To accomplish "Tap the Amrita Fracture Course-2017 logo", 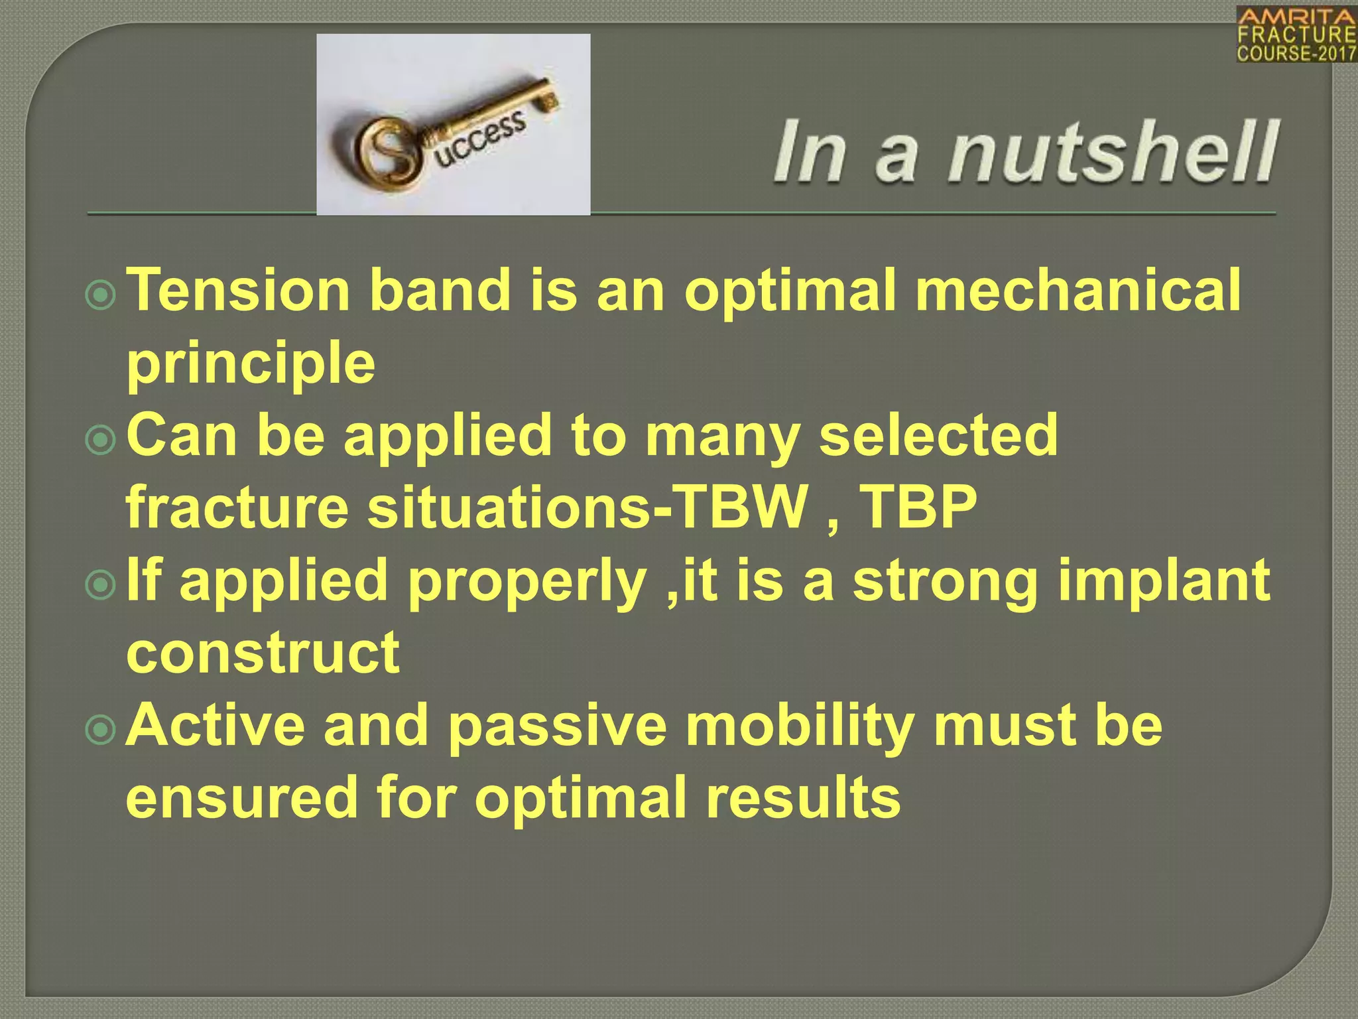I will click(1296, 34).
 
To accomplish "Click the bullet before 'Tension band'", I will click(101, 295).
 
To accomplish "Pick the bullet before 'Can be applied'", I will click(101, 440).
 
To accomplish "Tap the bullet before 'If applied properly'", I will click(101, 584).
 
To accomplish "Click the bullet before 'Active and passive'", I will click(101, 729).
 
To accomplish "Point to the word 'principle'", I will click(251, 364).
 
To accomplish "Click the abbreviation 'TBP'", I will click(918, 508).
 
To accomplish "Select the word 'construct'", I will click(263, 653).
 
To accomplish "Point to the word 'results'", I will click(803, 797).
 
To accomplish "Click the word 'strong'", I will click(945, 581).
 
